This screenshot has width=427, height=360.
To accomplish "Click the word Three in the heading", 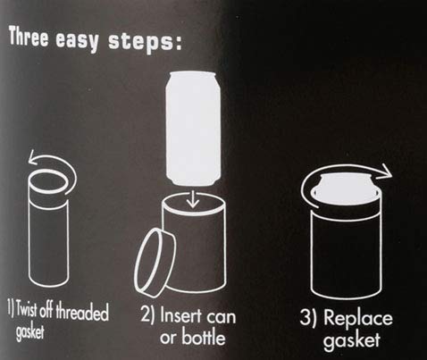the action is pyautogui.click(x=29, y=37).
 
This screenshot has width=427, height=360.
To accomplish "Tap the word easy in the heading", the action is pyautogui.click(x=78, y=41).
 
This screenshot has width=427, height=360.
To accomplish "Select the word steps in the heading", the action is pyautogui.click(x=141, y=42).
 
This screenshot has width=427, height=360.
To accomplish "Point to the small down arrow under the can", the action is pyautogui.click(x=193, y=198).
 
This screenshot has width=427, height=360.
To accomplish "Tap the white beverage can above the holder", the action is pyautogui.click(x=193, y=128).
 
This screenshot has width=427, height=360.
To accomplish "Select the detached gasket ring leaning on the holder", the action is pyautogui.click(x=155, y=261).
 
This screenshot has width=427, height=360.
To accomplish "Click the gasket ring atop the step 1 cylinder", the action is pyautogui.click(x=48, y=181).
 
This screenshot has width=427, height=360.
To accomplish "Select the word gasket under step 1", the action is pyautogui.click(x=29, y=331).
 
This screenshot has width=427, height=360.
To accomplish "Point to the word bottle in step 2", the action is pyautogui.click(x=204, y=337).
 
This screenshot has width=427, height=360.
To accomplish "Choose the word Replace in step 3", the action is pyautogui.click(x=358, y=318).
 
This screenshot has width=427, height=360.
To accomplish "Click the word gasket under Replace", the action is pyautogui.click(x=352, y=340).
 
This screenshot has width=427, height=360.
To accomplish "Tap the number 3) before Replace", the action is pyautogui.click(x=308, y=317).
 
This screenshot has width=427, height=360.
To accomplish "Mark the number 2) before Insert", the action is pyautogui.click(x=147, y=314).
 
